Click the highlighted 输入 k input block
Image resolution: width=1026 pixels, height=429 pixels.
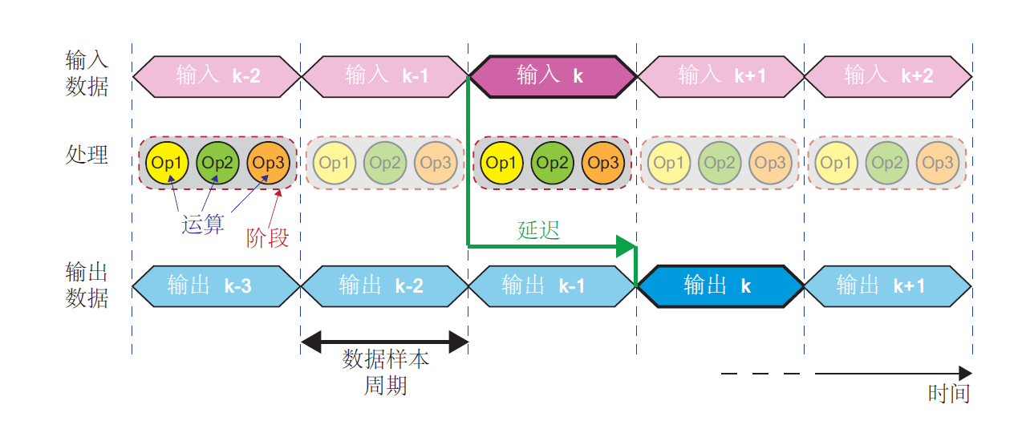point(552,77)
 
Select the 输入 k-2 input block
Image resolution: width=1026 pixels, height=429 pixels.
point(217,77)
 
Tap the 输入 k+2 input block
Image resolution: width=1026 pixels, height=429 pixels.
point(887,77)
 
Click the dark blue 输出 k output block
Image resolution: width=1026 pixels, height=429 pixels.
point(719,286)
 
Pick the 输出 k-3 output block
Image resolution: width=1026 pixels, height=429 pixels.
point(217,286)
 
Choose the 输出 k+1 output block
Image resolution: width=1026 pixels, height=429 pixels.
point(887,286)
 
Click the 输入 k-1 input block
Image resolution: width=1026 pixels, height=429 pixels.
point(384,77)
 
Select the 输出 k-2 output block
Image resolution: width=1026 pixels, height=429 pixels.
point(384,286)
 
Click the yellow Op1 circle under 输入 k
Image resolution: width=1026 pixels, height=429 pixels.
point(500,164)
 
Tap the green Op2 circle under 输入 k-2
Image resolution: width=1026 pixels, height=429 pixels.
point(217,164)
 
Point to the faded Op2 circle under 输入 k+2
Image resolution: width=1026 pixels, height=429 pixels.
point(887,164)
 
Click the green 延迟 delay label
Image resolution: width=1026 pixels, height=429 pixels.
point(538,230)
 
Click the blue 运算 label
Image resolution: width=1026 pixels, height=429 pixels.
point(203,225)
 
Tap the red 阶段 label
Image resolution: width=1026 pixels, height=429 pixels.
point(267,238)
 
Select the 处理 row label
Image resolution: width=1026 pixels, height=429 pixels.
point(87,155)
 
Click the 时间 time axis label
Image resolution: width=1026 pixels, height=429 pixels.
point(949,394)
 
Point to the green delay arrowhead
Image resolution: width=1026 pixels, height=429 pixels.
point(626,246)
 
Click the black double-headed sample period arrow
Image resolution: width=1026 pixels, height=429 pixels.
point(384,344)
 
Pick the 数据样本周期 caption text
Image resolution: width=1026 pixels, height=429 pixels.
point(386,372)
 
